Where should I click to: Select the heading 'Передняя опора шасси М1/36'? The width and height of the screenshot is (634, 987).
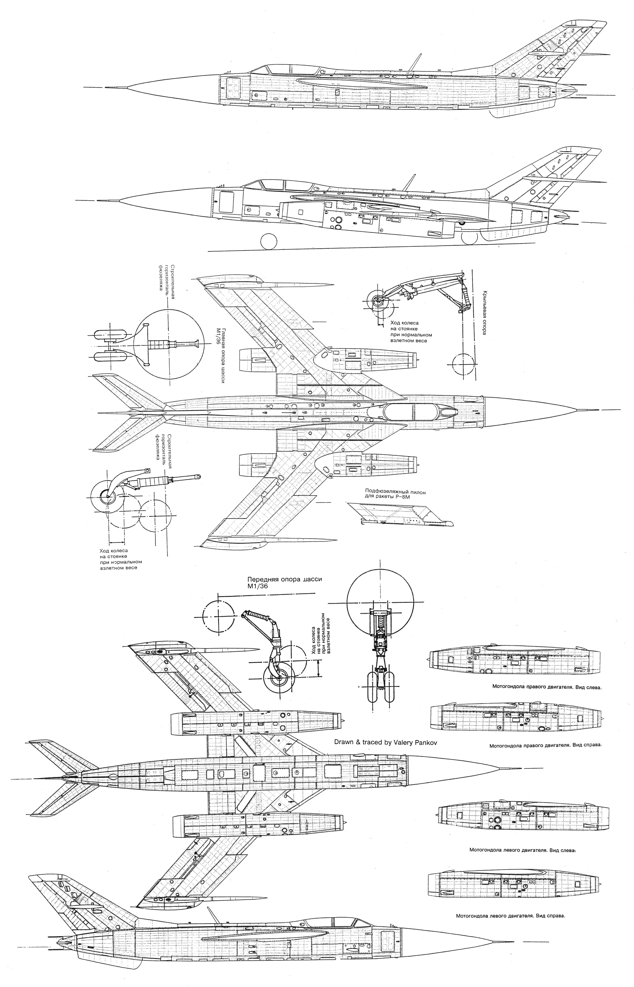point(283,583)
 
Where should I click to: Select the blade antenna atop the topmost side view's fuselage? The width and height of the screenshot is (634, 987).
point(415,61)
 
